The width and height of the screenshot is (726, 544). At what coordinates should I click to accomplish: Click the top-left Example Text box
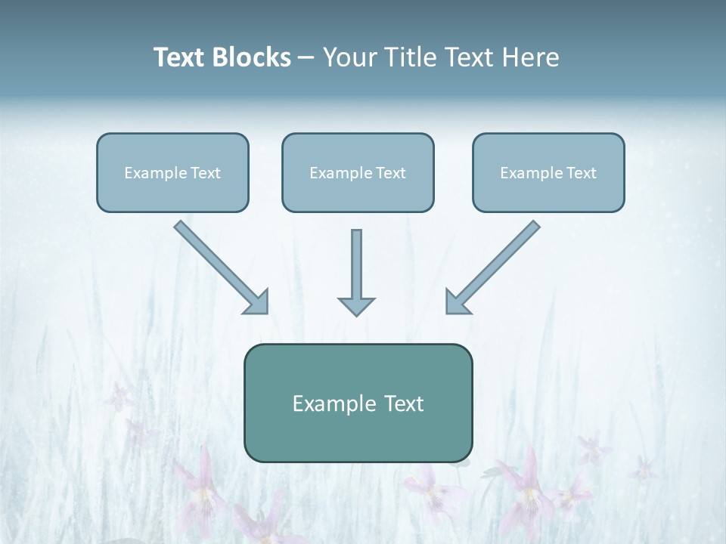coord(172,172)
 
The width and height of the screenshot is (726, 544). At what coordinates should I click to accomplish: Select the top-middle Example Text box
coord(358,172)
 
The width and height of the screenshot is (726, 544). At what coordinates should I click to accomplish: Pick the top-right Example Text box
coord(548,172)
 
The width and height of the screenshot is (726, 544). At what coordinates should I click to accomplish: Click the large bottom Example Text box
coord(358,403)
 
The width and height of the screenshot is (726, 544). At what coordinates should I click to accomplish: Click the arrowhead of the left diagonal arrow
coord(258,302)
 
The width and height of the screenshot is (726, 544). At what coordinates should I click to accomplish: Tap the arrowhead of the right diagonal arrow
coord(456,302)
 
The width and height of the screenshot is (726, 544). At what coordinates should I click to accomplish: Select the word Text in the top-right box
coord(582,173)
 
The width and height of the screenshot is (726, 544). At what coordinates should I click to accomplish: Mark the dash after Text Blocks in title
coord(306,57)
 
